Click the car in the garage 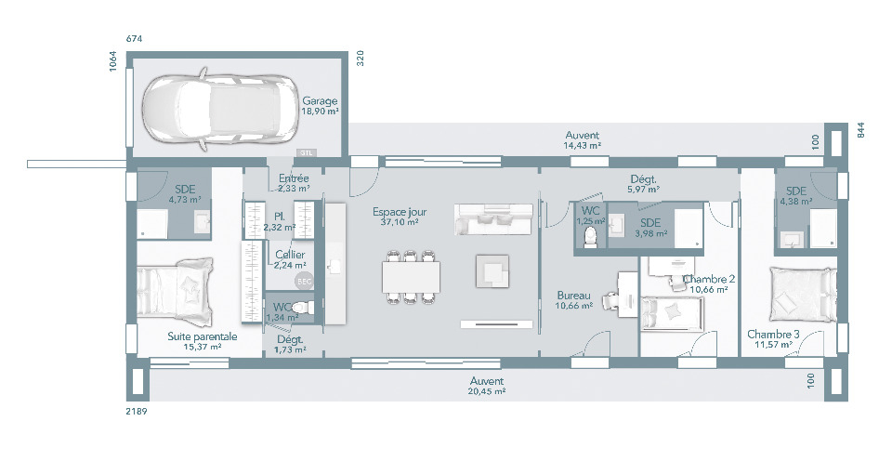point(219,109)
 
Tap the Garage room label point(320,101)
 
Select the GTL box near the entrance point(307,152)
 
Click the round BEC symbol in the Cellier point(304,281)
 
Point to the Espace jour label point(400,212)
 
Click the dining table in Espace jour point(412,277)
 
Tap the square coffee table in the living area point(492,270)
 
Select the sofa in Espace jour point(494,219)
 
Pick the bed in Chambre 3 point(803,296)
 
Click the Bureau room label point(573,296)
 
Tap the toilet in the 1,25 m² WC point(592,237)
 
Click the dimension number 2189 point(137,412)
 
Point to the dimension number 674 point(134,39)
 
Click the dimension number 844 point(860,130)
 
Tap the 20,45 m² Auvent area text point(487,391)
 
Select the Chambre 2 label point(710,279)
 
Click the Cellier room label point(290,255)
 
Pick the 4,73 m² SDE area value point(186,200)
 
